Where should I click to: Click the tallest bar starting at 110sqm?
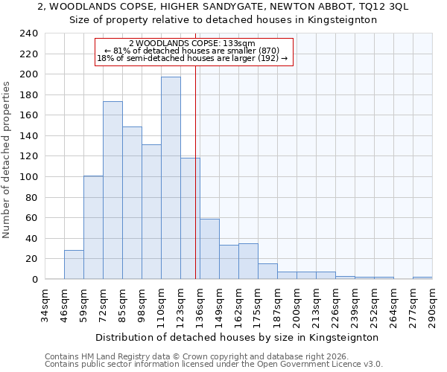pyautogui.click(x=171, y=178)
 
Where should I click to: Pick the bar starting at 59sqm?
pyautogui.click(x=93, y=228)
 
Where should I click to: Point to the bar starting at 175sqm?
pyautogui.click(x=267, y=272)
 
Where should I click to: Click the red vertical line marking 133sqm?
pyautogui.click(x=195, y=171)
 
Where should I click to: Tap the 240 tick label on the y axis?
pyautogui.click(x=29, y=33)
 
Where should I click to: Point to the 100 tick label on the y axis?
pyautogui.click(x=29, y=177)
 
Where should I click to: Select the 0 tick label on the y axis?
pyautogui.click(x=34, y=280)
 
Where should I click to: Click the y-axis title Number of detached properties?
pyautogui.click(x=7, y=171)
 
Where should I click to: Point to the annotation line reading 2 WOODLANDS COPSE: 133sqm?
pyautogui.click(x=192, y=44)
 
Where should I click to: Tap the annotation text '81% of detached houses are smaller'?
pyautogui.click(x=192, y=51)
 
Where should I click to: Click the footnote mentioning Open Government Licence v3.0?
pyautogui.click(x=214, y=364)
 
